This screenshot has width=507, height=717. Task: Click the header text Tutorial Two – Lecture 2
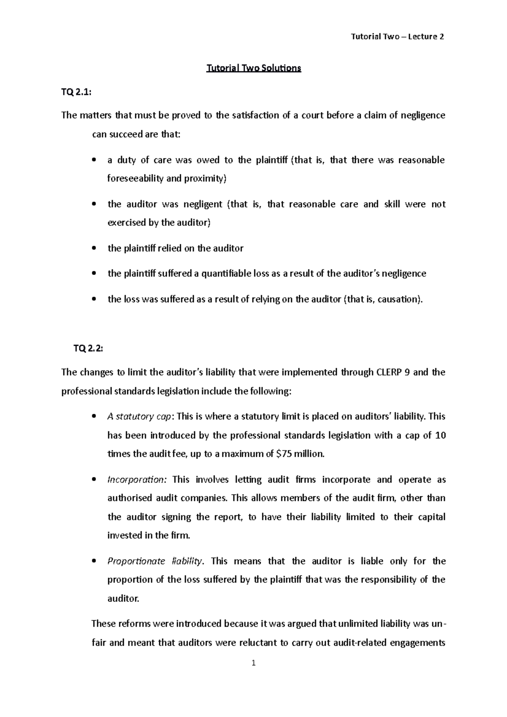click(397, 37)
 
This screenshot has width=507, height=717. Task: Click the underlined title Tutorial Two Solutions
click(253, 68)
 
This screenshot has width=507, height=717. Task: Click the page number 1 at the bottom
click(253, 663)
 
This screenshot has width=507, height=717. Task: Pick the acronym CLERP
click(388, 372)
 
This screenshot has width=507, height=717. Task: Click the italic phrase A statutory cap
click(139, 417)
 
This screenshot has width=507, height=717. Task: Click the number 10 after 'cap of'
click(440, 435)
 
